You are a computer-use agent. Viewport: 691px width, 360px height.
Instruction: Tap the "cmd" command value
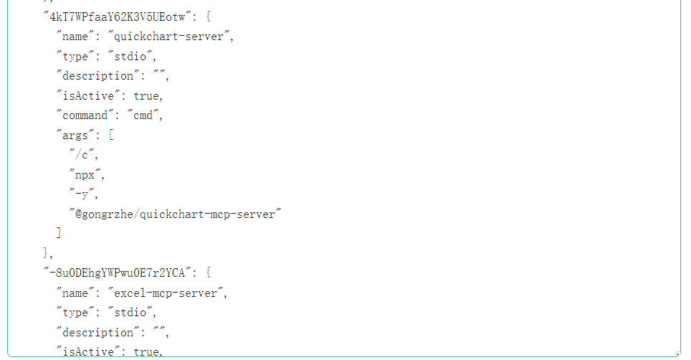tap(143, 115)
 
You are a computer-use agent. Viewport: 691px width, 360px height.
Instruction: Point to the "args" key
tap(75, 135)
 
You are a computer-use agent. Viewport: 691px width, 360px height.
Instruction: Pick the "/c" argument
tap(82, 154)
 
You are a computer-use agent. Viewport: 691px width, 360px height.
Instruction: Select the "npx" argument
tap(85, 174)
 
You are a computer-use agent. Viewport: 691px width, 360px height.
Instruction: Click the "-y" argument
tap(82, 194)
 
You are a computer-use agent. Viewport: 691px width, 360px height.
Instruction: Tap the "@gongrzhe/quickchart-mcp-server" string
tap(174, 214)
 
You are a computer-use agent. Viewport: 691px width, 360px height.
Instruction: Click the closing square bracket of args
tap(59, 233)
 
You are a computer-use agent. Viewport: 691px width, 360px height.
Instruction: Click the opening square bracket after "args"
tap(112, 135)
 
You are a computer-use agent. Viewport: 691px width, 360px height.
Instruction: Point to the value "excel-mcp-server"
tap(166, 293)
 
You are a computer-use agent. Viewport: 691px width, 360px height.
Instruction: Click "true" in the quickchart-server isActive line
tap(147, 95)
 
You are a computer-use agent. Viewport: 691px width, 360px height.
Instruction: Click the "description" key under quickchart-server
tap(89, 75)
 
